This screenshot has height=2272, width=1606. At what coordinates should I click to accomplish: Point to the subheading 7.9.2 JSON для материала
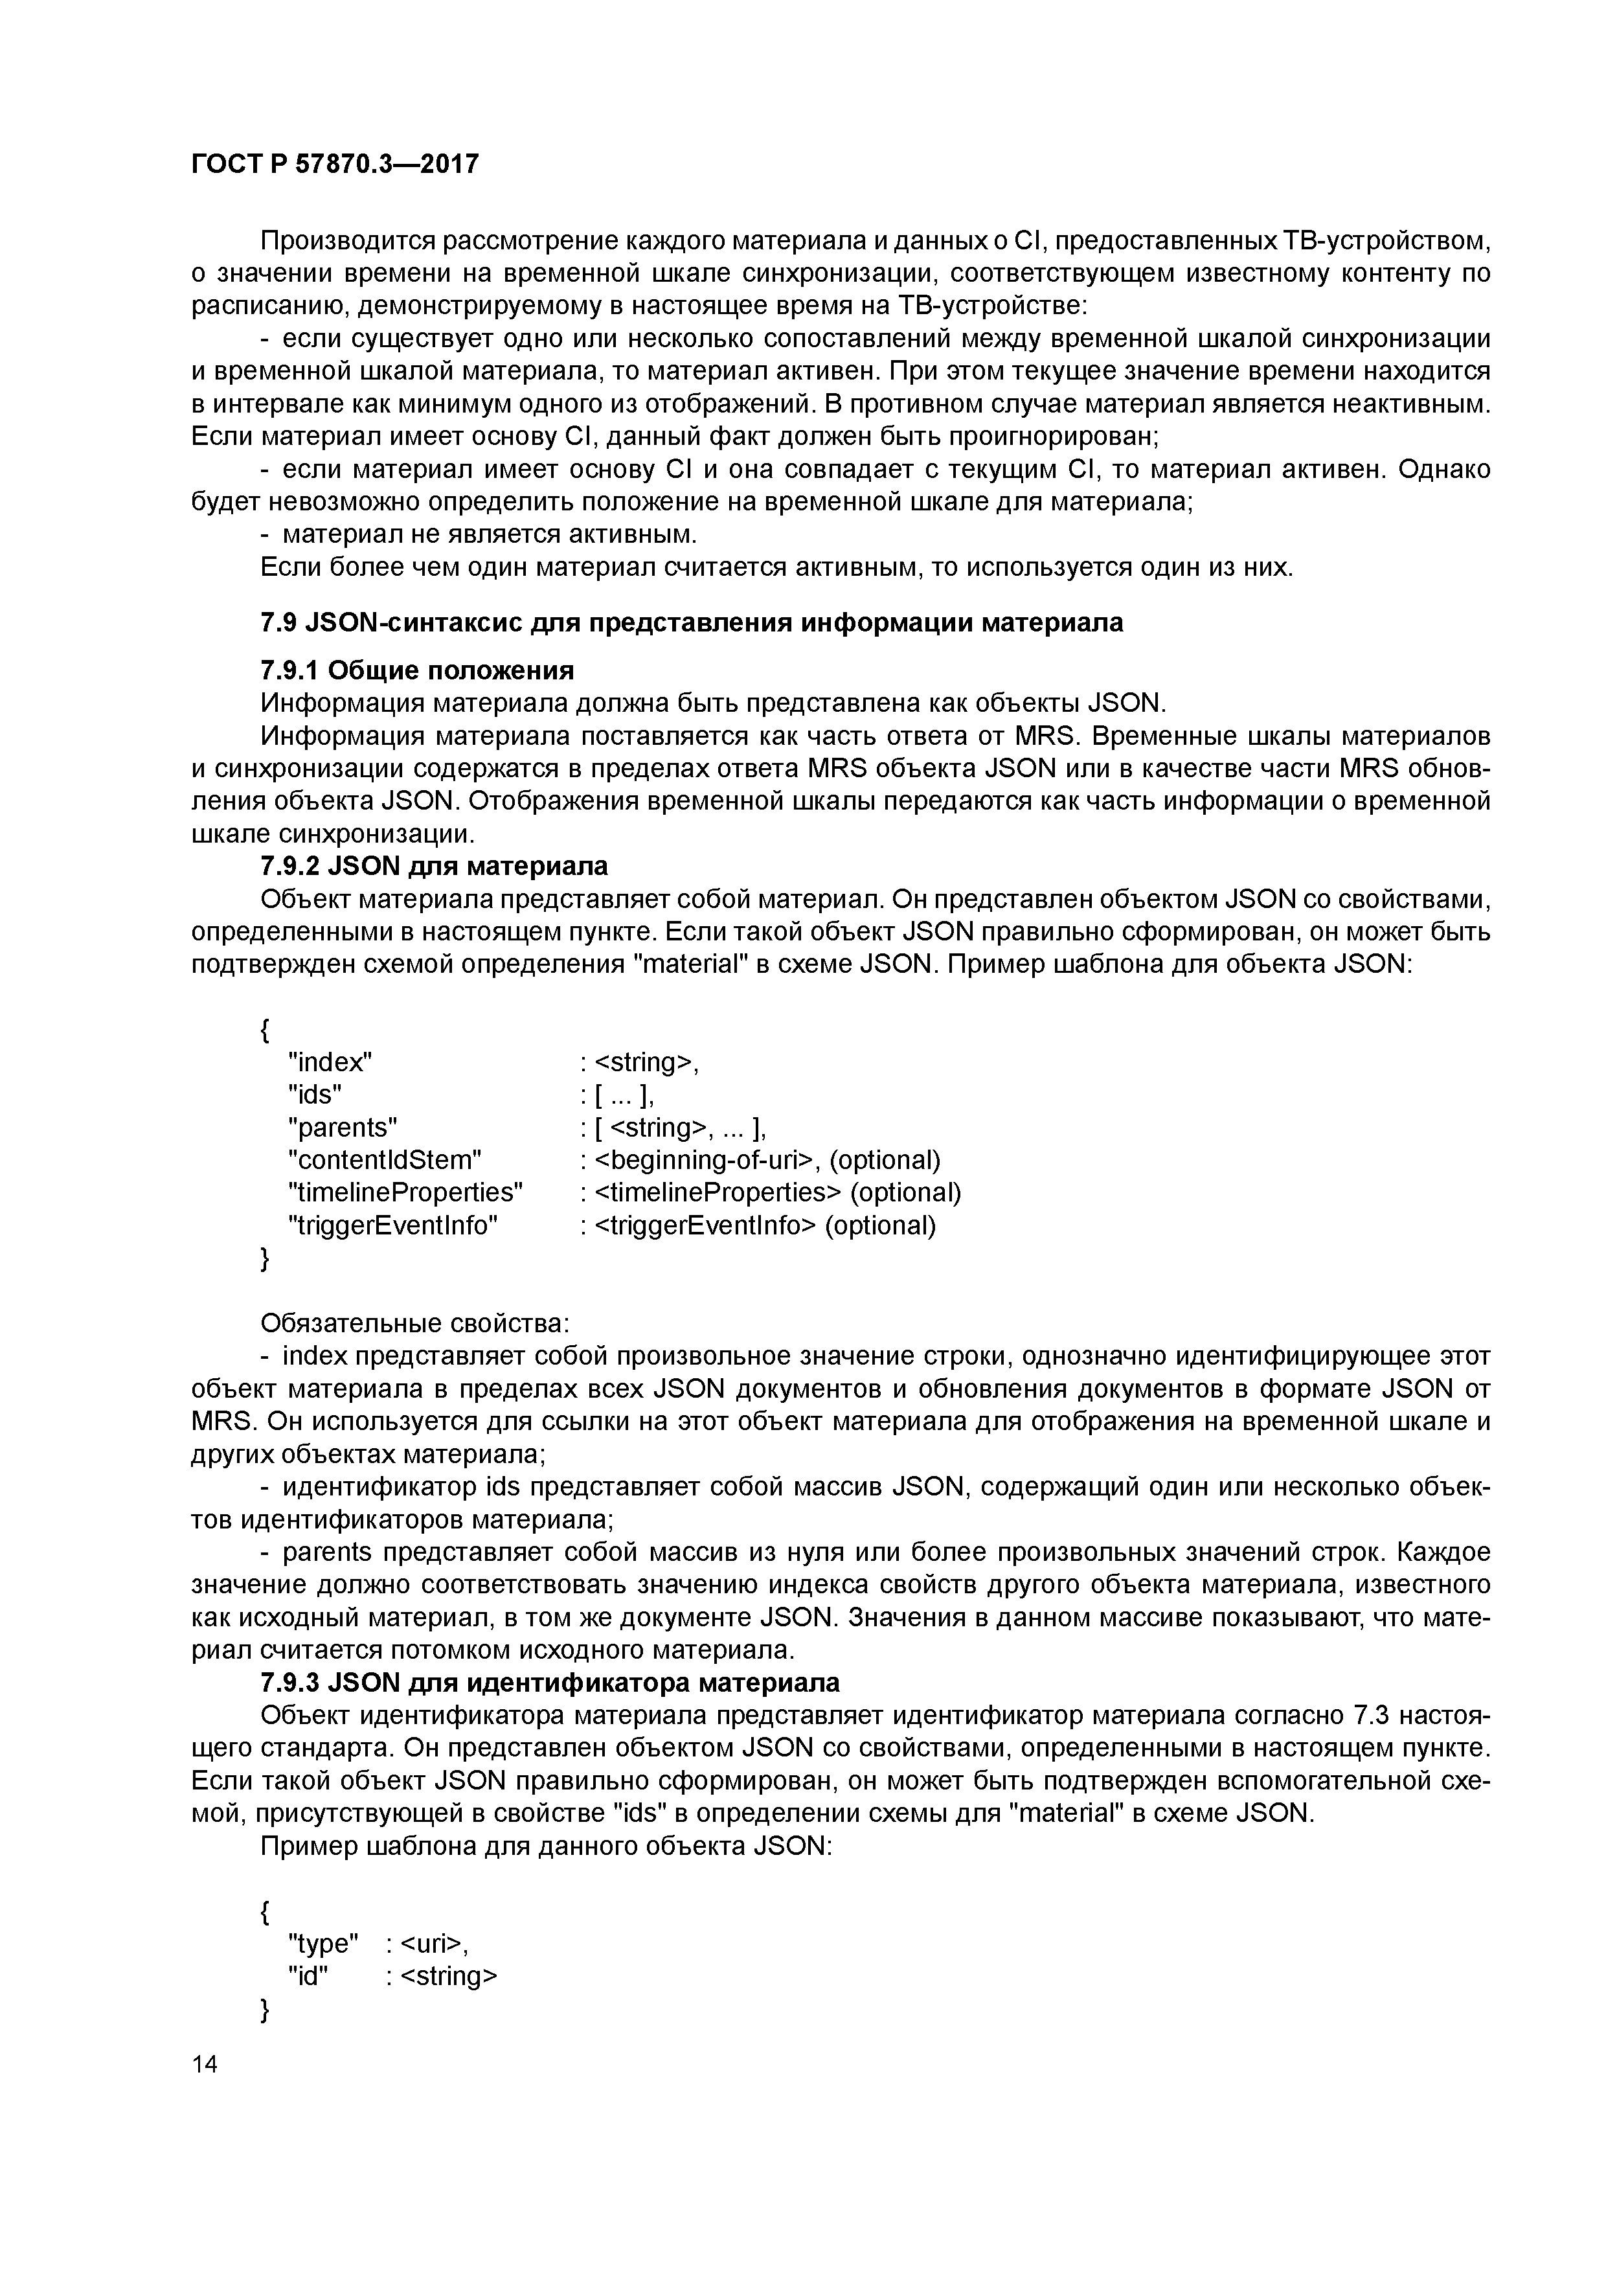tap(433, 866)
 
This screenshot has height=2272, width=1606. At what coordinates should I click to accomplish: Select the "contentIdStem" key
tap(384, 1160)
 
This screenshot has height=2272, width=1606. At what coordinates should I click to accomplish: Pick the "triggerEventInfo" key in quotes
tap(393, 1225)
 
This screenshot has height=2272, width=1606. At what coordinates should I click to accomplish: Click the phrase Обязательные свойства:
tap(414, 1323)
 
